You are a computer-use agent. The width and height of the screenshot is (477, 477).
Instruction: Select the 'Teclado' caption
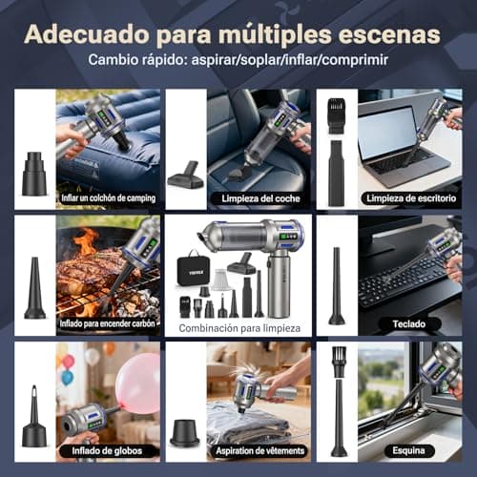coord(402,324)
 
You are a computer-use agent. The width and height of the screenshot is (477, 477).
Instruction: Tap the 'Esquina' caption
coord(403,450)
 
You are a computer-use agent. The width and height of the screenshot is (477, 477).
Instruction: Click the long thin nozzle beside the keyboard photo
coord(336,286)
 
